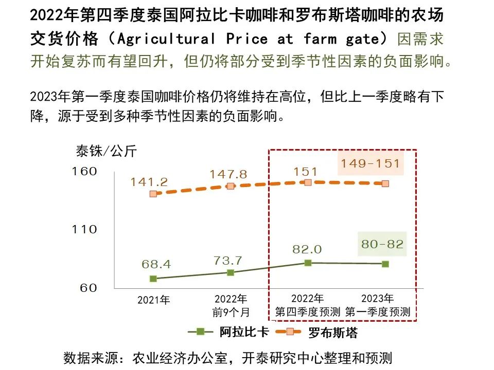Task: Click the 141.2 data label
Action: point(149,182)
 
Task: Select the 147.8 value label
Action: point(228,175)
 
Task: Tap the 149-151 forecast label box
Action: point(370,164)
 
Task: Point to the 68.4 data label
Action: point(156,265)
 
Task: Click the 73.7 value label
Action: point(228,261)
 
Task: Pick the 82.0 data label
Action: point(307,249)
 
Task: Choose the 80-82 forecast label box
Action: point(382,245)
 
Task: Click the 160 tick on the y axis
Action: point(84,171)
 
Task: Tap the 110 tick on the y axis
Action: point(84,229)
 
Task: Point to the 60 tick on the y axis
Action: point(88,288)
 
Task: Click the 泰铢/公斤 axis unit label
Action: point(107,151)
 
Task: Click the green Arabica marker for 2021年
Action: point(153,279)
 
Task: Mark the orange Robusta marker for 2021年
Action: point(153,194)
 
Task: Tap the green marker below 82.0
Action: point(308,263)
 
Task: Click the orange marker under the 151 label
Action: point(308,182)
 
